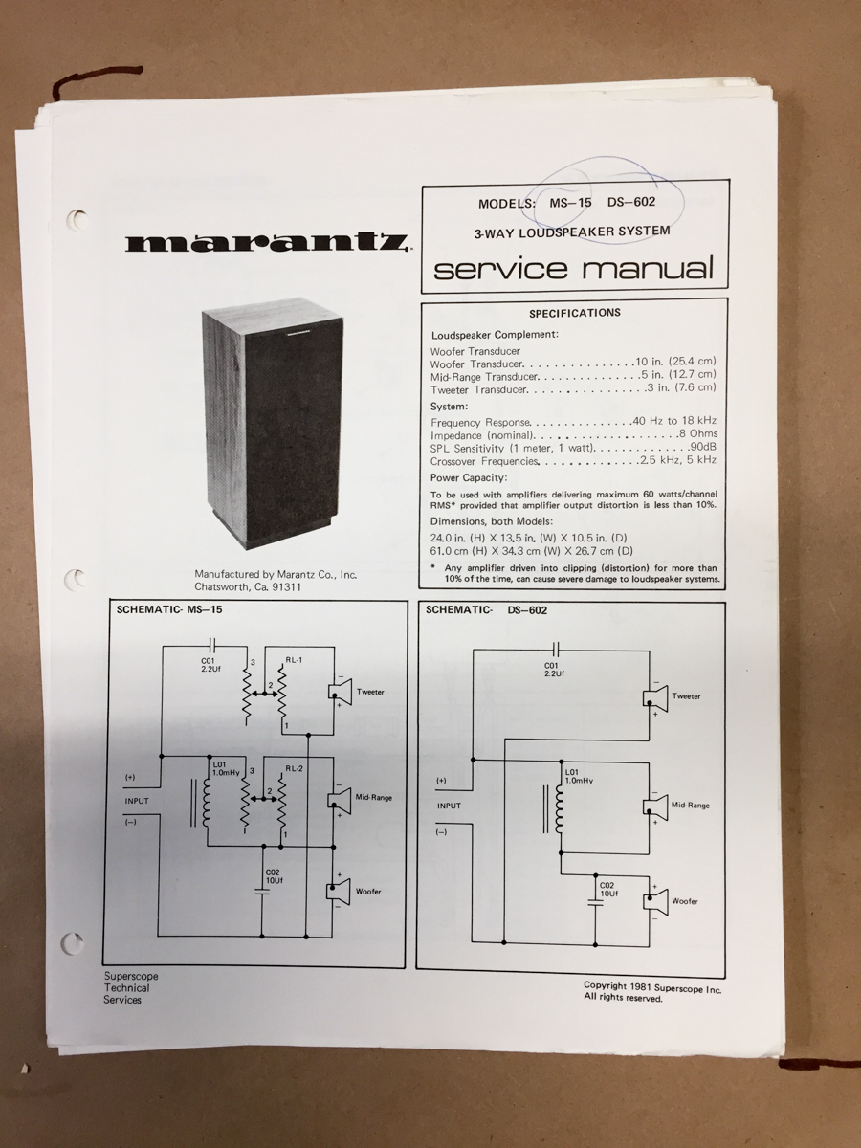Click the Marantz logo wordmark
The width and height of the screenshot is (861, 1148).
point(265,243)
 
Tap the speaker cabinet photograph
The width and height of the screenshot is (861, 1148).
point(273,429)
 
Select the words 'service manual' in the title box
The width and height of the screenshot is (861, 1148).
point(573,268)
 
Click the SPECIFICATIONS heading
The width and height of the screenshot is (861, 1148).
point(575,313)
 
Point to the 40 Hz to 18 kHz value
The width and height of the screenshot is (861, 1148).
point(674,421)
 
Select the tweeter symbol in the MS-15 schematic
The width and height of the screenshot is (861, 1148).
point(340,692)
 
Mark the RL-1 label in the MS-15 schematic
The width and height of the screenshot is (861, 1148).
point(294,660)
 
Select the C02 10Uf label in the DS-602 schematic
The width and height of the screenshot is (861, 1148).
point(608,889)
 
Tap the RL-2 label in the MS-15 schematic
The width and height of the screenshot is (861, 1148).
point(294,769)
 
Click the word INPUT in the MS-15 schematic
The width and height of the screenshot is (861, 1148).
point(137,801)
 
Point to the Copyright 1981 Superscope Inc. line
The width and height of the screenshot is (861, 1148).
point(652,987)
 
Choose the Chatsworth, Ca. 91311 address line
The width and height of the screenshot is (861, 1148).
point(247,586)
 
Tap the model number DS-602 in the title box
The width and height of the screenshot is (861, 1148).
point(631,202)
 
